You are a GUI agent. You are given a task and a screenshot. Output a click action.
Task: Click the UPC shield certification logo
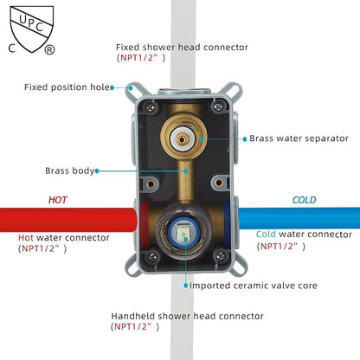pyautogui.click(x=32, y=29)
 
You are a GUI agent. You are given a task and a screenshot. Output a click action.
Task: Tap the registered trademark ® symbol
pyautogui.click(x=49, y=49)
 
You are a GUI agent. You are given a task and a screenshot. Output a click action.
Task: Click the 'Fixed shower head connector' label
pyautogui.click(x=182, y=48)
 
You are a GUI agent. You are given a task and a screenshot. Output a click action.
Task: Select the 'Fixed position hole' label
pyautogui.click(x=67, y=87)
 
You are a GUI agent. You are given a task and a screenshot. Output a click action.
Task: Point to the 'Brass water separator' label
pyautogui.click(x=299, y=138)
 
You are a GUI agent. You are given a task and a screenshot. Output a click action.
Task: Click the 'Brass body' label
pyautogui.click(x=70, y=170)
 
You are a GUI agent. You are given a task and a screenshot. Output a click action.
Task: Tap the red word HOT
pyautogui.click(x=58, y=200)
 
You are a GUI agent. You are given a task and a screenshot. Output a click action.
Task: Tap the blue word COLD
pyautogui.click(x=305, y=200)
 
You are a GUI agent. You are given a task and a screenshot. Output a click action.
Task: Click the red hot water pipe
pyautogui.click(x=68, y=220)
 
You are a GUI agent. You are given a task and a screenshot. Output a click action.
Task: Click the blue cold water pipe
pyautogui.click(x=299, y=218)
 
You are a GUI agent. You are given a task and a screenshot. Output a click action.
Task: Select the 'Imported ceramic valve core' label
pyautogui.click(x=254, y=286)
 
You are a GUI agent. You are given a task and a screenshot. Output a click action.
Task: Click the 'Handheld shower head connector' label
pyautogui.click(x=187, y=316)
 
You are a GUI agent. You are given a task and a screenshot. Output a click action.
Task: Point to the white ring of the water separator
pyautogui.click(x=174, y=139)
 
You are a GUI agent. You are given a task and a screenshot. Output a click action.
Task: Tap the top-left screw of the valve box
pyautogui.click(x=151, y=107)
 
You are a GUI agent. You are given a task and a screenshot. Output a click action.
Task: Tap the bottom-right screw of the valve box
pyautogui.click(x=220, y=255)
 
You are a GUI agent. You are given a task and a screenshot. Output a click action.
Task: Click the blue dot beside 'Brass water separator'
pyautogui.click(x=245, y=139)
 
